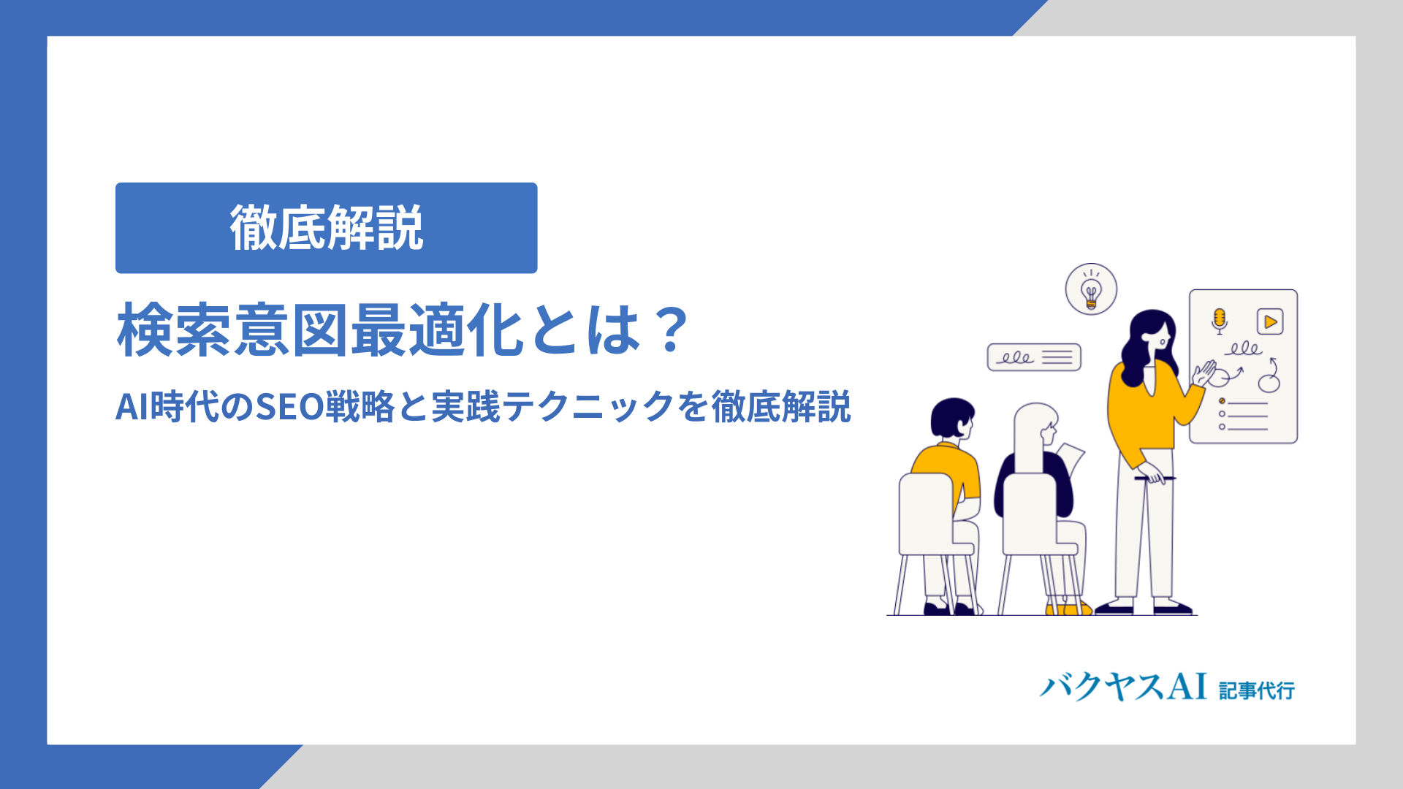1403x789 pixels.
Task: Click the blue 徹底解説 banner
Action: click(326, 228)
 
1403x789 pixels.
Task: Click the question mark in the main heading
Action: click(671, 329)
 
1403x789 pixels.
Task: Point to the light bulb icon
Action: click(1091, 289)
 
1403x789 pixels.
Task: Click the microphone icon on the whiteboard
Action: click(1219, 321)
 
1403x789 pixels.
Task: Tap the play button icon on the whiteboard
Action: click(1270, 321)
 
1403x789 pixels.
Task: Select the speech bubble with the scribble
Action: click(1034, 357)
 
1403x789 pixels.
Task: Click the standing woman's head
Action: click(1150, 336)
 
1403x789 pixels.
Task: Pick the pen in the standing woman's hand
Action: click(1155, 479)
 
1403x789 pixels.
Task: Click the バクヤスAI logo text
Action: click(1123, 687)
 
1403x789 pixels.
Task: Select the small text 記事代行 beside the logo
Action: click(1257, 690)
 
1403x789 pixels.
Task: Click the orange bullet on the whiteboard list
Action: click(1222, 401)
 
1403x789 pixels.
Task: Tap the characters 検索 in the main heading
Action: click(175, 330)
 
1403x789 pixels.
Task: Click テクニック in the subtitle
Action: click(588, 407)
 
